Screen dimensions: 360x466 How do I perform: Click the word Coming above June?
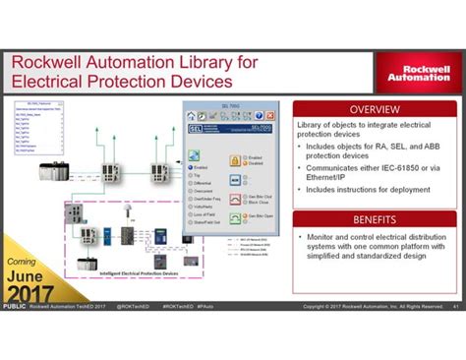(22, 262)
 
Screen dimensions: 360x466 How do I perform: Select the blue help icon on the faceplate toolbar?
(264, 116)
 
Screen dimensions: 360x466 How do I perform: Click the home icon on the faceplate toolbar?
(192, 116)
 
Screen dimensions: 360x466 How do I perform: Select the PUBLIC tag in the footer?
(14, 306)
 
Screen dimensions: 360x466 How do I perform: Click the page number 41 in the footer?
(455, 306)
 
